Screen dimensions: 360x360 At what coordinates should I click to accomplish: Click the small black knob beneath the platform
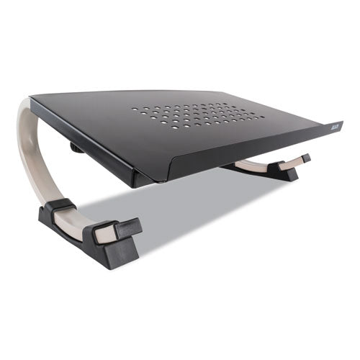[x=76, y=148]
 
